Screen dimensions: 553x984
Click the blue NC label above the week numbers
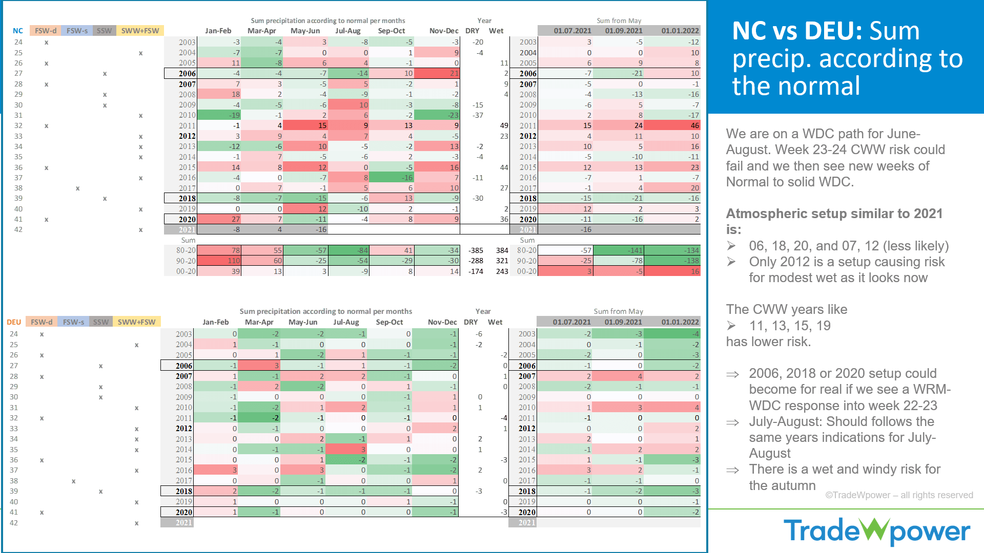18,31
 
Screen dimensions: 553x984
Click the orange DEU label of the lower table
14,322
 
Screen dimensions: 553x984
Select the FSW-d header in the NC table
46,31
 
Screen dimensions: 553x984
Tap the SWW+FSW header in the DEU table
136,322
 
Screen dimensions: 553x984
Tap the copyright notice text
899,495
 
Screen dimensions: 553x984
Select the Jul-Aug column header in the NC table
348,31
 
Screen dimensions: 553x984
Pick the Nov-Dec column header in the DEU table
442,322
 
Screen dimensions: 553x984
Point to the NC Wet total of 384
502,250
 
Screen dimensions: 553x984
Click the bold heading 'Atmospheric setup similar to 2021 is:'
834,221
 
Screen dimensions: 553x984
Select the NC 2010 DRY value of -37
478,115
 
